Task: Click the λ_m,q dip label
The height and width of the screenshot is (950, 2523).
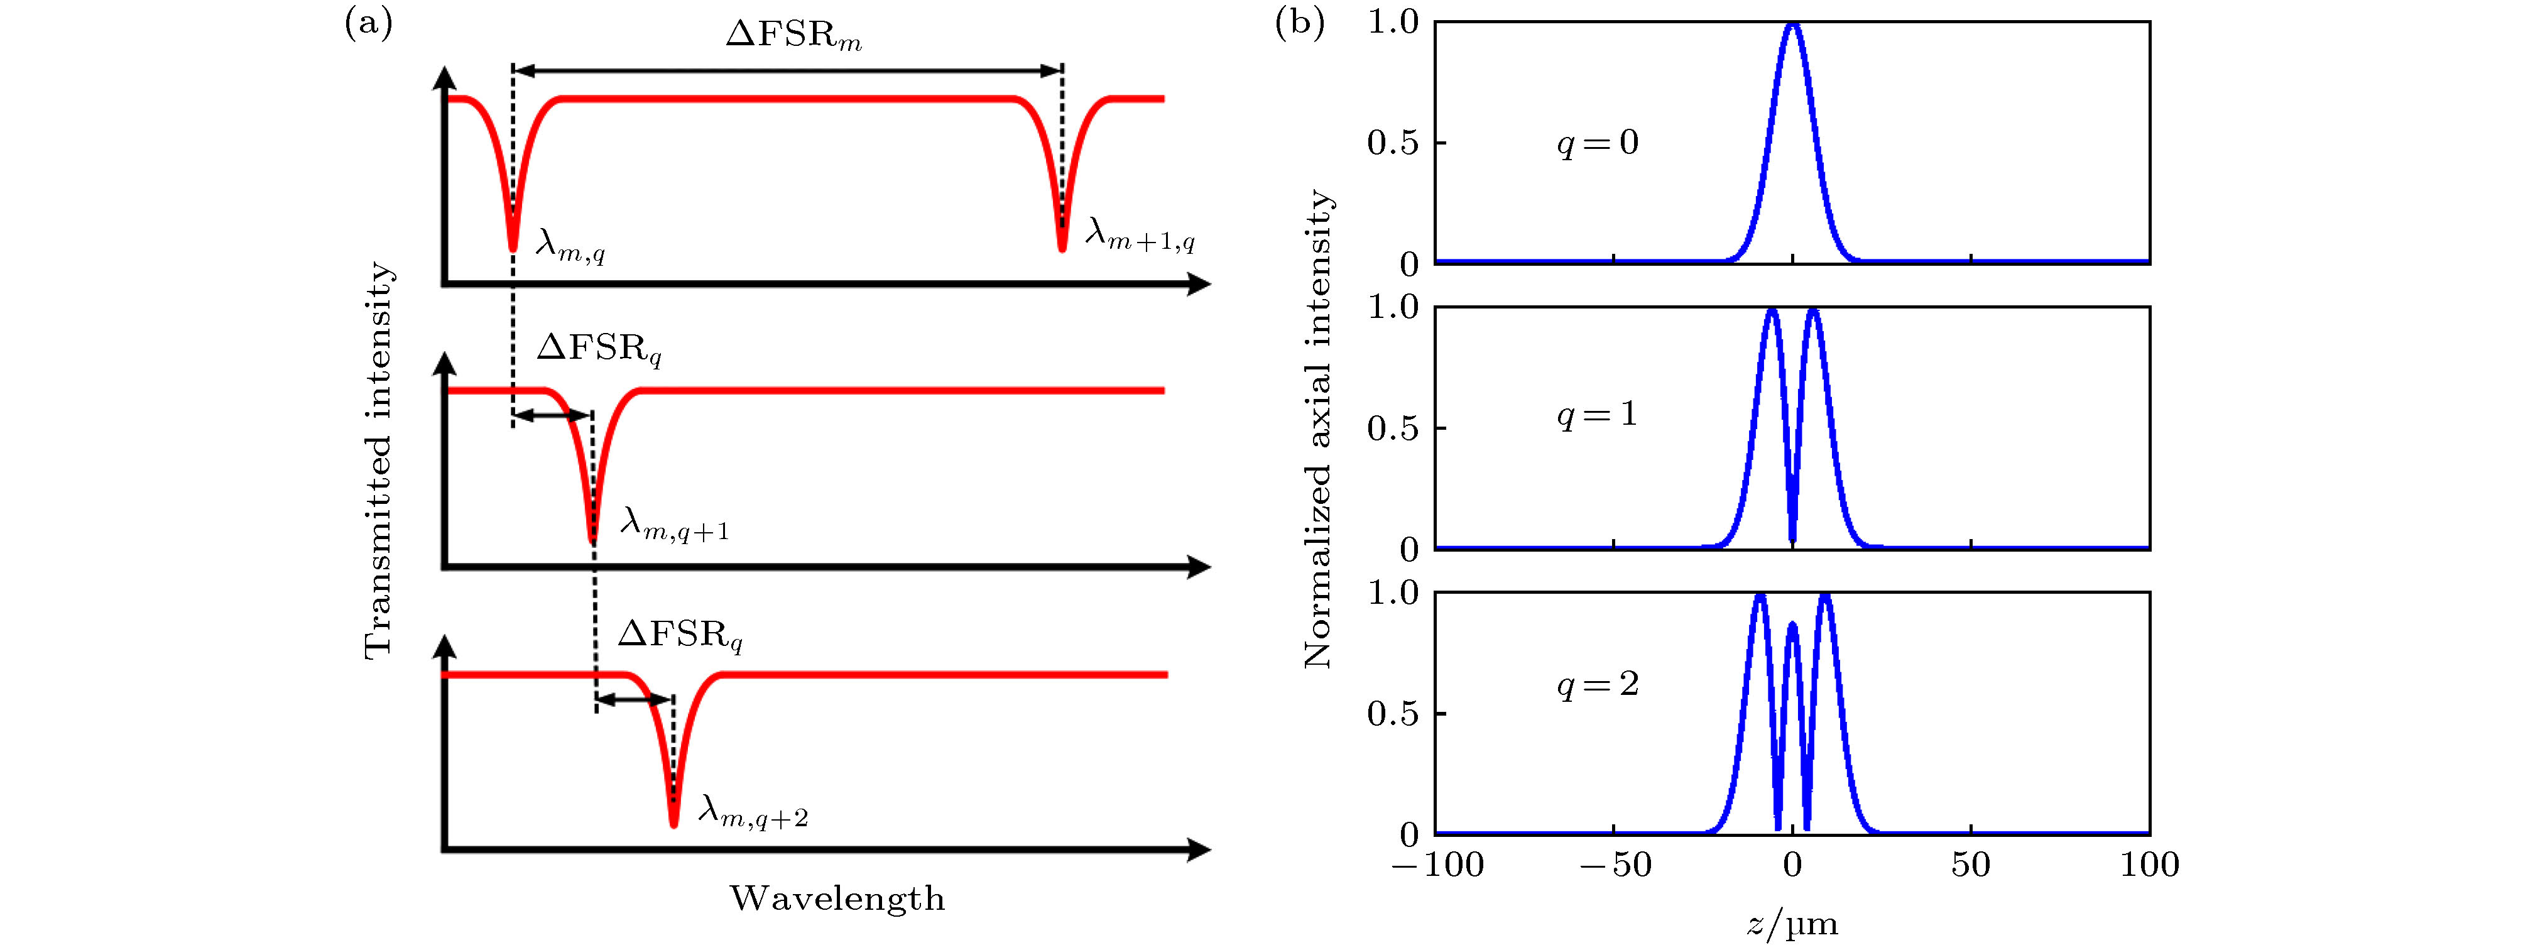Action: [570, 245]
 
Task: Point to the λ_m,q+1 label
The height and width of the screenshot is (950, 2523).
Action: [674, 526]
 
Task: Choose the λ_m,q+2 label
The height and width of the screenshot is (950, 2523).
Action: [752, 812]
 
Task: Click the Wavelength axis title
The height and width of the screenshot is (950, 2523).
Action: [837, 898]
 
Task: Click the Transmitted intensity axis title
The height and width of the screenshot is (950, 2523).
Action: [378, 461]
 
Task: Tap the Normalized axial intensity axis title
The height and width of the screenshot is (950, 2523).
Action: [1317, 429]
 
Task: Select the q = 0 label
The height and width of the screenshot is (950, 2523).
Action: [1598, 144]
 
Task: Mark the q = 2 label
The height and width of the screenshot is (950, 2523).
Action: [1598, 684]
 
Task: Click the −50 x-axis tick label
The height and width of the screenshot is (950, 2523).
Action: [1615, 865]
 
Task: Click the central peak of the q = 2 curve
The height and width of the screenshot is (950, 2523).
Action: [1792, 624]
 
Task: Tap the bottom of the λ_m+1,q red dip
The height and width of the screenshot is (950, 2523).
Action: [1062, 249]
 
